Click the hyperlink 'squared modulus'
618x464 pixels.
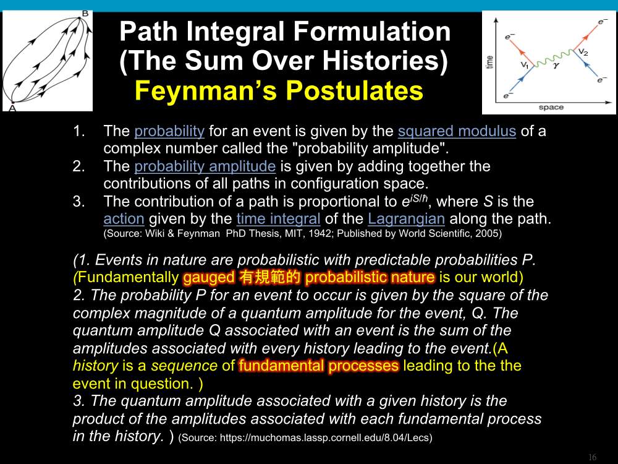coord(457,131)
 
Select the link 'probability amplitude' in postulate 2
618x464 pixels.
coord(205,166)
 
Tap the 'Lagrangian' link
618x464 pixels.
coord(407,218)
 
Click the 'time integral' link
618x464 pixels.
coord(278,218)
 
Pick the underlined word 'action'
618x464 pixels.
coord(124,218)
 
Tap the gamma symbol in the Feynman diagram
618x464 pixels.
coord(556,66)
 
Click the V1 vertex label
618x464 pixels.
coord(525,65)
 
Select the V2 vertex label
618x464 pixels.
coord(583,52)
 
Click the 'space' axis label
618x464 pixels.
coord(551,107)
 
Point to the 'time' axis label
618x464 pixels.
coord(489,62)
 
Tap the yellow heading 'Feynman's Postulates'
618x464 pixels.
coord(279,90)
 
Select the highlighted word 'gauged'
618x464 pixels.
coord(209,277)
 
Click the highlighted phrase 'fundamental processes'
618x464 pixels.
coord(319,366)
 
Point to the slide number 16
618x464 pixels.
coord(593,457)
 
